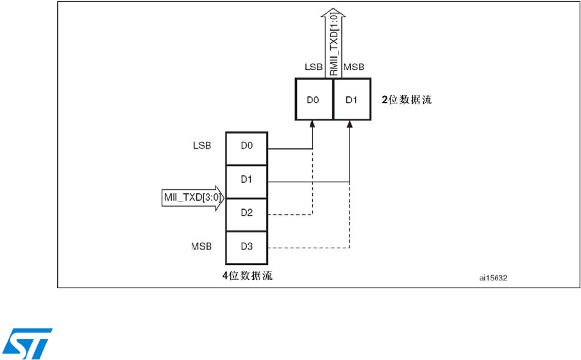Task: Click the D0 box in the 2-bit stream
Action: pyautogui.click(x=314, y=99)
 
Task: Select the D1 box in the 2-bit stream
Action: pyautogui.click(x=351, y=99)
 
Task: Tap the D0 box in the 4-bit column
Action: pyautogui.click(x=247, y=146)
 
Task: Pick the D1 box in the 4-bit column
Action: pyautogui.click(x=247, y=180)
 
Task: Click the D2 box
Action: pyautogui.click(x=247, y=213)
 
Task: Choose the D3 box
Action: pyautogui.click(x=247, y=246)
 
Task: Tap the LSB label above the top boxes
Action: pyautogui.click(x=313, y=67)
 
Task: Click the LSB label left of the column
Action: pyautogui.click(x=202, y=146)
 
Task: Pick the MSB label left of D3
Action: pyautogui.click(x=202, y=246)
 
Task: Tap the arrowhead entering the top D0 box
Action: pyautogui.click(x=312, y=124)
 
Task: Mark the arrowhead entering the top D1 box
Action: pyautogui.click(x=349, y=124)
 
